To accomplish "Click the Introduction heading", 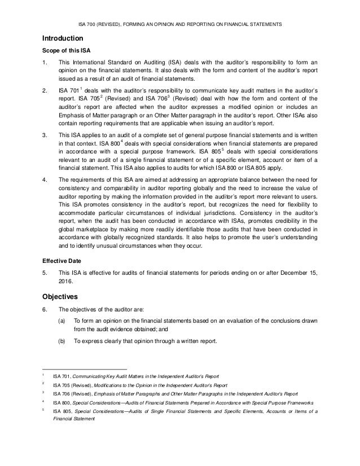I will click(x=63, y=38).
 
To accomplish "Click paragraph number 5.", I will click(x=45, y=273).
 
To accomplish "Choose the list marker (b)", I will click(x=61, y=341).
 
